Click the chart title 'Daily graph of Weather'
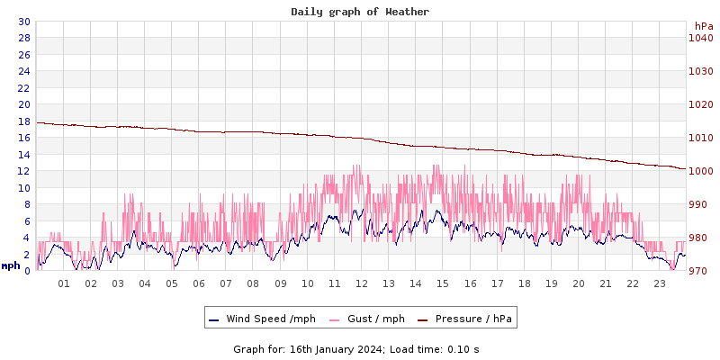(x=360, y=12)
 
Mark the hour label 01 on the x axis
(x=64, y=283)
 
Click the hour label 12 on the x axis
(x=362, y=283)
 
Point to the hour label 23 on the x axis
(x=660, y=283)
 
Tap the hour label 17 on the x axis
(x=497, y=283)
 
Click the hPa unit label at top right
(x=703, y=26)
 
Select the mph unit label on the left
(x=11, y=265)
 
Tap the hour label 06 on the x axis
(x=199, y=283)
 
